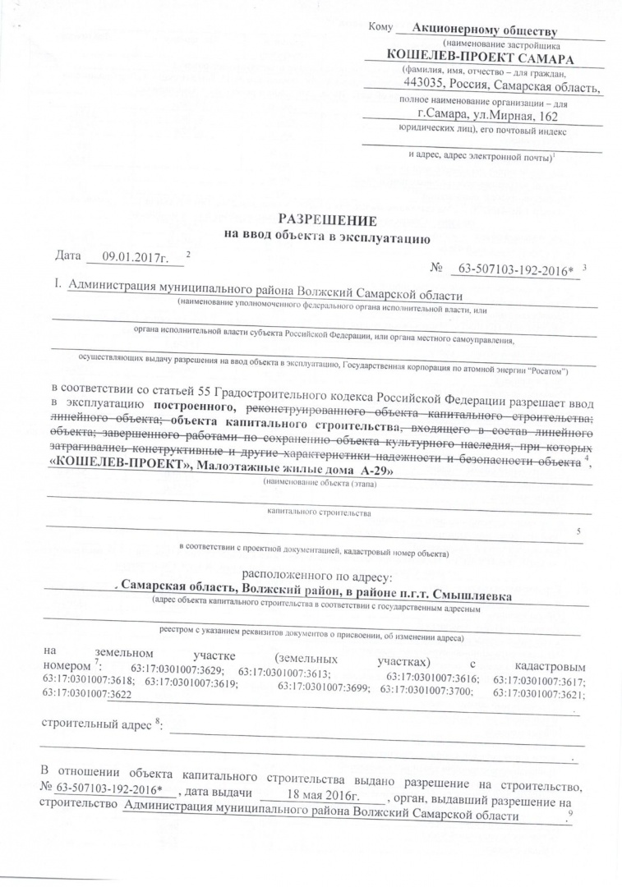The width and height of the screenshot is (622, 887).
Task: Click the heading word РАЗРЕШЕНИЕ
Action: point(327,220)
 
